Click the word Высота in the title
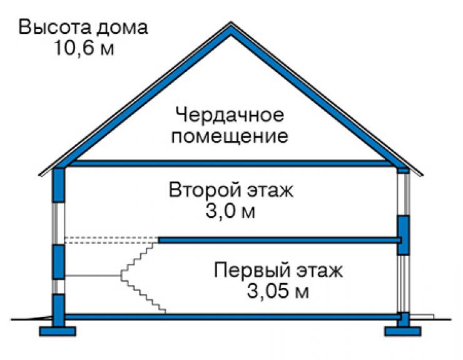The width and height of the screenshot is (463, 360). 53,27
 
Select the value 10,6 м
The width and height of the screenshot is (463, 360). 84,48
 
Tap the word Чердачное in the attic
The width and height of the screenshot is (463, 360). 230,115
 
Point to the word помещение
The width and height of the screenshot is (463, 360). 230,136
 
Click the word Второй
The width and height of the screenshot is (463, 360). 205,190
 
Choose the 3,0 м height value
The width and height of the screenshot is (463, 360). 230,211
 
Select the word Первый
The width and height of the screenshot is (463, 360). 253,270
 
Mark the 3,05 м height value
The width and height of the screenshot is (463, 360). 278,291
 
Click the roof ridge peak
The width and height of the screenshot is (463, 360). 231,23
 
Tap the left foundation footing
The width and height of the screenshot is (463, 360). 58,331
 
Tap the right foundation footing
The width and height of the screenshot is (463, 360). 403,331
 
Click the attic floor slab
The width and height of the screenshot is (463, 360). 232,163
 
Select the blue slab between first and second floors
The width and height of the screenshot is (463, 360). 280,240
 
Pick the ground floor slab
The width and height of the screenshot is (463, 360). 232,317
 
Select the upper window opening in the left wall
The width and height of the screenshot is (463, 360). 58,224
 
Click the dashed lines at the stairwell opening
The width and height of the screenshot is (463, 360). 111,240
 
